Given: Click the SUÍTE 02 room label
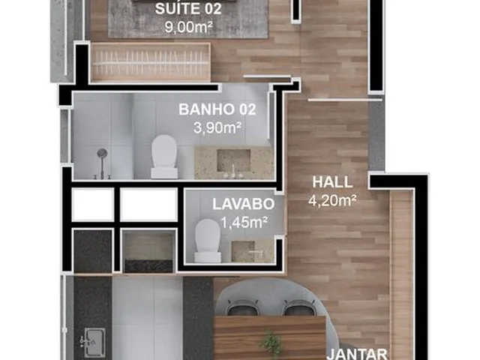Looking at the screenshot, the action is coord(188,9).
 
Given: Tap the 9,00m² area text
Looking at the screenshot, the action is coord(188,27).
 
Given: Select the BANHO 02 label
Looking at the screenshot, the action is coord(217,109).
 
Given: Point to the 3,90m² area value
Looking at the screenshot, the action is coord(217,127).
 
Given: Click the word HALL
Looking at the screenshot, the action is coord(332,182).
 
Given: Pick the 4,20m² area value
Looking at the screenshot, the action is coord(332,201).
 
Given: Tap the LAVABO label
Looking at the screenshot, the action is coord(243,204).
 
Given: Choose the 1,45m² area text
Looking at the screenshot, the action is coord(244,223).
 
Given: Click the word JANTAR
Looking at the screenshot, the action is coord(357,355).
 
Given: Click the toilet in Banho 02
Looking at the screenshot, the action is coord(164,157).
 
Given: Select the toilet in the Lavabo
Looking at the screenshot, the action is coord(208,241).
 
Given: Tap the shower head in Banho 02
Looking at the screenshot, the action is coord(102,153).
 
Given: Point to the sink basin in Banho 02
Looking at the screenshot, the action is coord(234,160).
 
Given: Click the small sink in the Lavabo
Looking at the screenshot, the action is coord(243,251).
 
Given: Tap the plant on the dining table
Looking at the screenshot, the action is coord(271,341).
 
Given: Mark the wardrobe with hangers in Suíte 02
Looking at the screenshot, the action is coord(151,62).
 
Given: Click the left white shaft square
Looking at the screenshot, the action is coord(93,205).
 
